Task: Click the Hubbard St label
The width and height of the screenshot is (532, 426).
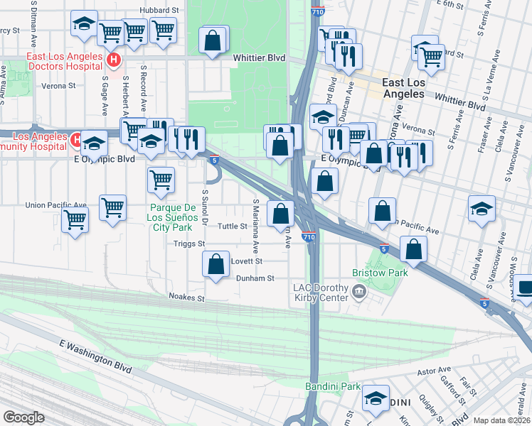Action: click(x=159, y=11)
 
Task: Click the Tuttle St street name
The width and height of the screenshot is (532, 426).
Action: click(x=232, y=226)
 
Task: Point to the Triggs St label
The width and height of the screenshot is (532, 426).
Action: click(x=189, y=244)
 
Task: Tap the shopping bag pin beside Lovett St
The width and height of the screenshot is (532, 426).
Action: click(x=216, y=263)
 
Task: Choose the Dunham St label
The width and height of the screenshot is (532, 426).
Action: click(x=255, y=279)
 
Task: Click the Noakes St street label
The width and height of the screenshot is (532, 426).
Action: click(x=186, y=297)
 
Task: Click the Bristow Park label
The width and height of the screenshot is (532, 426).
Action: click(x=380, y=273)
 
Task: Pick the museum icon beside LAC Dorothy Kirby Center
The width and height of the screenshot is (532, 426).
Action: click(x=360, y=292)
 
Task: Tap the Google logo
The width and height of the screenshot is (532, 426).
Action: click(x=23, y=417)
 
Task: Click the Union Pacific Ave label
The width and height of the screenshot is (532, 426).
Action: click(x=55, y=205)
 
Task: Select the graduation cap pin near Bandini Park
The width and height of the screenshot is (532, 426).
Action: click(x=376, y=398)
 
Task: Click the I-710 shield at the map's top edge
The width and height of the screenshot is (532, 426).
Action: click(x=316, y=12)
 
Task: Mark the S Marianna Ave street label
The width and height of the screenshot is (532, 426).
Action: click(x=255, y=226)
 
